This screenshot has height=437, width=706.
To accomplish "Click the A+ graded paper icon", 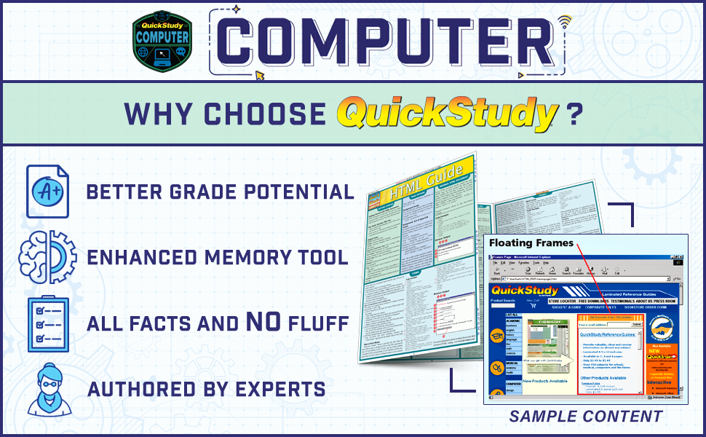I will (x=48, y=192).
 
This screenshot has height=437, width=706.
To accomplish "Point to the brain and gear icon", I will (x=48, y=256).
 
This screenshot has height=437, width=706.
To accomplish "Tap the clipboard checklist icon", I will (x=48, y=323).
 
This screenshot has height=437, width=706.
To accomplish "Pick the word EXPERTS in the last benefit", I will (x=279, y=389).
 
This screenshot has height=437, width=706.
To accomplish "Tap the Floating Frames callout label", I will (x=531, y=243).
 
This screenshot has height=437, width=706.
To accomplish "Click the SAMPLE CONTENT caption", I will (x=585, y=417).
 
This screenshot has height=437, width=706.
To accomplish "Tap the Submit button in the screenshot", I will (x=637, y=323).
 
